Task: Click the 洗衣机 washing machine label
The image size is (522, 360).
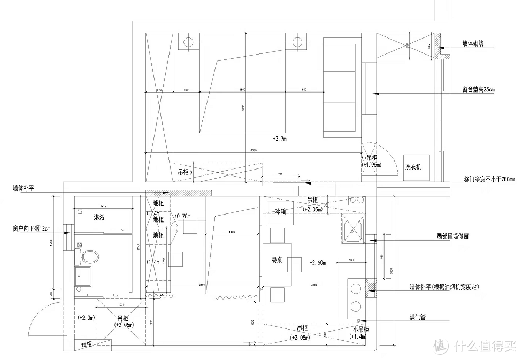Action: click(x=413, y=167)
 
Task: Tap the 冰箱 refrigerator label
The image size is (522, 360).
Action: click(x=280, y=211)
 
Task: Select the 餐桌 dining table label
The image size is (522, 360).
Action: click(x=277, y=259)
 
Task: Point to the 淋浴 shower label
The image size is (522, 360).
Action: click(x=98, y=218)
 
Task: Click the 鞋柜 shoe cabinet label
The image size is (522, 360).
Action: click(x=87, y=344)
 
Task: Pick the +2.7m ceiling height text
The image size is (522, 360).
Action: click(x=279, y=139)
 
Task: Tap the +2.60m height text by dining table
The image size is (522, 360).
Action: click(x=318, y=262)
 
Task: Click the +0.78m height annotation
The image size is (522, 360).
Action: click(x=183, y=216)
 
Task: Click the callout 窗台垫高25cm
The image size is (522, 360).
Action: click(x=479, y=89)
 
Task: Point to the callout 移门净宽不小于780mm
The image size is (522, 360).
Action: click(x=489, y=179)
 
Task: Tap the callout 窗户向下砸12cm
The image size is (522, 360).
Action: click(x=32, y=228)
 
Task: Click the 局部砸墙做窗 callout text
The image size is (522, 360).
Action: click(x=452, y=235)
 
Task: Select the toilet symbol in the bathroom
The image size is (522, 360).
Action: click(x=89, y=257)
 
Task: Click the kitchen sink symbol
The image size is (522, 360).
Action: click(x=354, y=231)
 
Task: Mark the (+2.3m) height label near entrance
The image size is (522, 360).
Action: click(x=86, y=317)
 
